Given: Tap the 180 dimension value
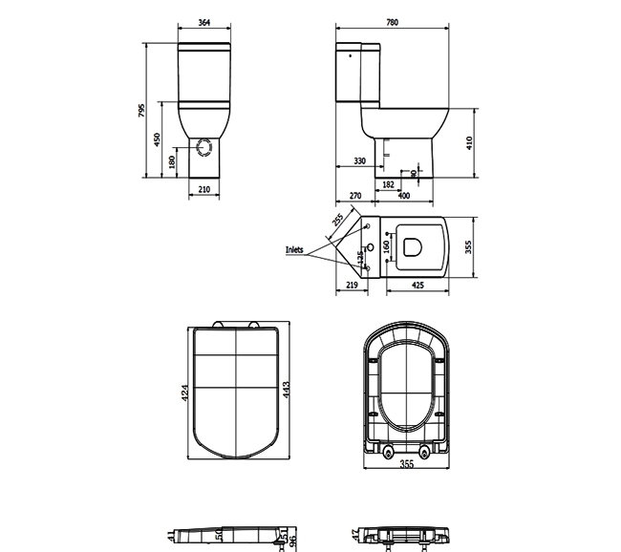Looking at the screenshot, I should pyautogui.click(x=172, y=162).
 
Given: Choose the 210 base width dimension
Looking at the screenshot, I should pyautogui.click(x=203, y=190).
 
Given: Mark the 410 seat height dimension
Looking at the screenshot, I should pyautogui.click(x=470, y=142).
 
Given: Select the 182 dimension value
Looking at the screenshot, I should pyautogui.click(x=389, y=182).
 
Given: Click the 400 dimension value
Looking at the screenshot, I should pyautogui.click(x=403, y=196).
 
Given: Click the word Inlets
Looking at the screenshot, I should pyautogui.click(x=294, y=250).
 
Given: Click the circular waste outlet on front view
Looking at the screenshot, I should pyautogui.click(x=203, y=147).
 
